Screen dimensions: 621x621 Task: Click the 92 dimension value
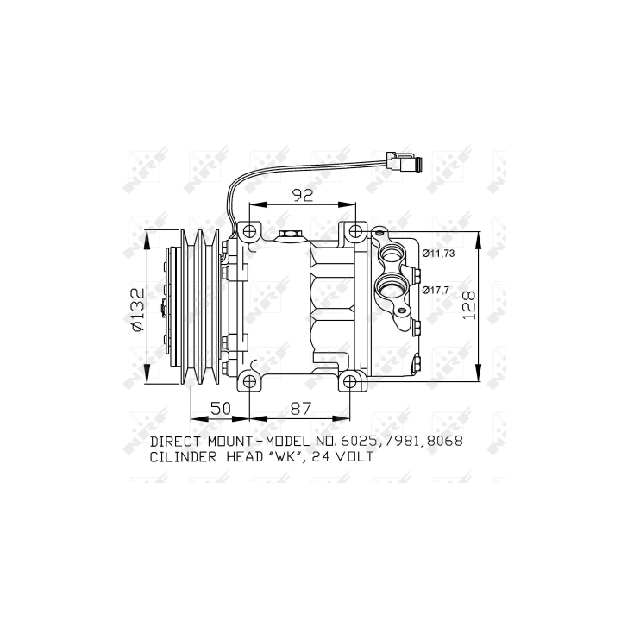pos(303,195)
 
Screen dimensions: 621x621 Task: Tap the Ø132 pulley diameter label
pos(137,310)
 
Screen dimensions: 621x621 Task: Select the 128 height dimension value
pos(468,305)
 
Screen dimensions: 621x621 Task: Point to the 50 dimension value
pos(220,408)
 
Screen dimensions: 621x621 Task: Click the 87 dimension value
pos(301,408)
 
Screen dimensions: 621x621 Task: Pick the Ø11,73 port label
pos(438,253)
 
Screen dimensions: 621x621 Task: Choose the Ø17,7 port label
pos(436,291)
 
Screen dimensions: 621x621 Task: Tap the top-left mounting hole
pos(249,230)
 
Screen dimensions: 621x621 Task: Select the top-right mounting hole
pos(355,230)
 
